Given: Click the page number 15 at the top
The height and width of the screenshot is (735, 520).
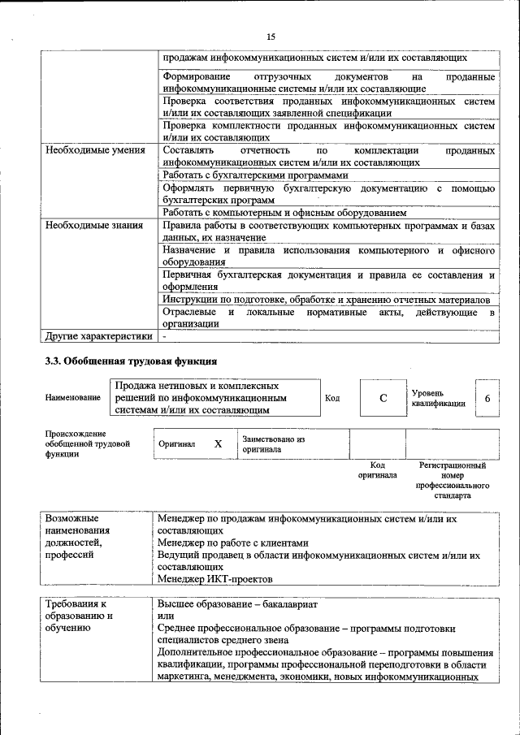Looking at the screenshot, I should pyautogui.click(x=271, y=36).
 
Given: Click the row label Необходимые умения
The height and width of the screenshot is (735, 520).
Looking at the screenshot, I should pyautogui.click(x=95, y=151).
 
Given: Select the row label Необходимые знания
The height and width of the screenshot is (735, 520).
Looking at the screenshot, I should pyautogui.click(x=94, y=225).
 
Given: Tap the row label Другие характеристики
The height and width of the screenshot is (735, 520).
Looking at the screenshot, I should pyautogui.click(x=98, y=335).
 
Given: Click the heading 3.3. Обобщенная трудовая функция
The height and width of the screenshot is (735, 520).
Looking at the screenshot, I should pyautogui.click(x=130, y=361).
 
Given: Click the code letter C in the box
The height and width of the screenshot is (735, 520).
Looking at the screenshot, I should pyautogui.click(x=383, y=399).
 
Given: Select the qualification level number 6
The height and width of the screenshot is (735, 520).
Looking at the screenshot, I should pyautogui.click(x=487, y=399).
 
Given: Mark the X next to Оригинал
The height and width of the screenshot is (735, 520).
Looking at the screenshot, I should pyautogui.click(x=218, y=444).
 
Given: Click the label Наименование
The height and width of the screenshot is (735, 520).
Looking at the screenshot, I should pyautogui.click(x=73, y=397).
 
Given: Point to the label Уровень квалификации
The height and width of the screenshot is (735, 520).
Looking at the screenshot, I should pyautogui.click(x=438, y=397).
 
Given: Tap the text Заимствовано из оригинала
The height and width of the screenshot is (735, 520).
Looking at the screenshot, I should pyautogui.click(x=272, y=443).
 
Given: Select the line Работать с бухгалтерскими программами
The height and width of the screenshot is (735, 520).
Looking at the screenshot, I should pyautogui.click(x=255, y=175).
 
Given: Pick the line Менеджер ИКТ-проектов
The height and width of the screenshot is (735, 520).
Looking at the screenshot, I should pyautogui.click(x=215, y=579).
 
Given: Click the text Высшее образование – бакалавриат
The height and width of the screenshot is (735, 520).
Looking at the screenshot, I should pyautogui.click(x=237, y=604).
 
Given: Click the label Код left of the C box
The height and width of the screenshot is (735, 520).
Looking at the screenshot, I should pyautogui.click(x=332, y=398).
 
